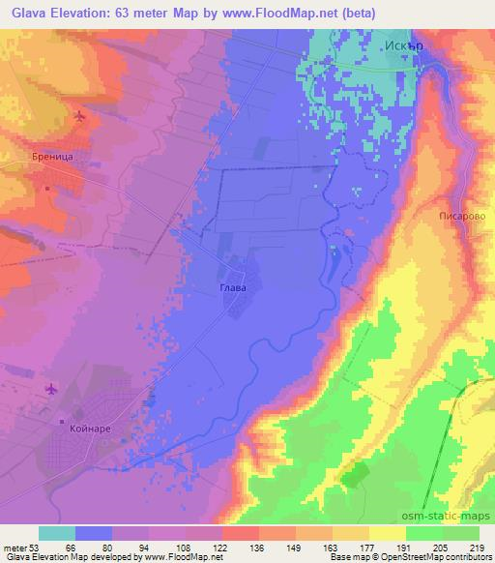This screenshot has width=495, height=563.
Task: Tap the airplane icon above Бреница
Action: [77, 117]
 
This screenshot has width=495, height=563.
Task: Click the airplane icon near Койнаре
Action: [50, 390]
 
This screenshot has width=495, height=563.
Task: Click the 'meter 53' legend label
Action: [19, 547]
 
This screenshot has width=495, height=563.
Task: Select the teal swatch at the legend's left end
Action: [57, 533]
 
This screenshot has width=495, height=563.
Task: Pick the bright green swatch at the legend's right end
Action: [459, 533]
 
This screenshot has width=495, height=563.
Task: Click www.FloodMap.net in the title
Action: [299, 12]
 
